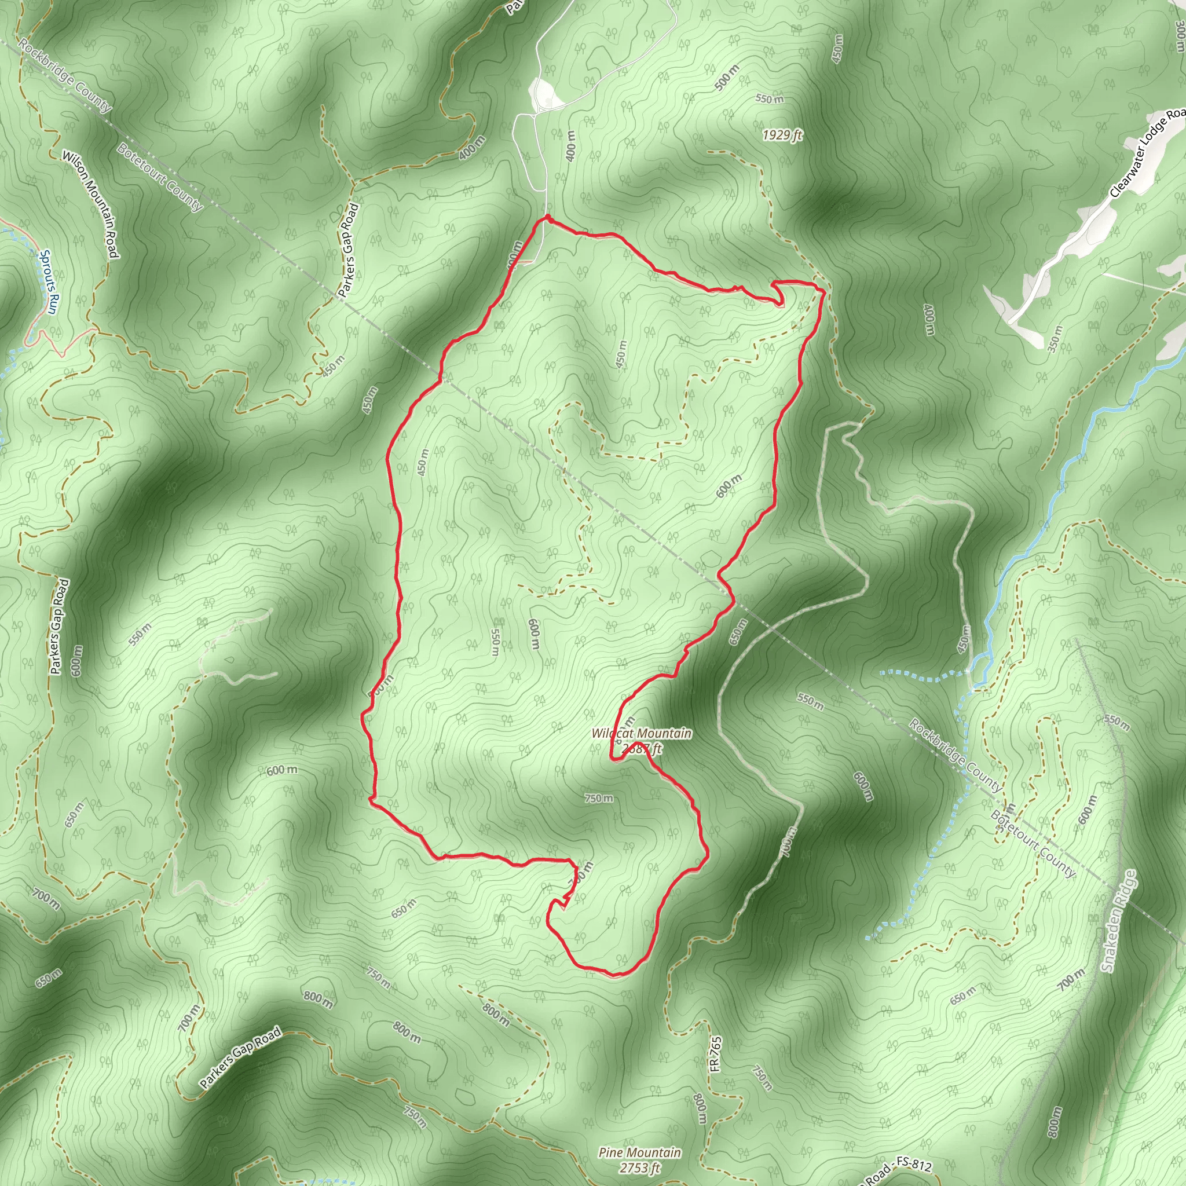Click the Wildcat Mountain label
pyautogui.click(x=642, y=734)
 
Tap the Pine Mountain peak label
pyautogui.click(x=640, y=1153)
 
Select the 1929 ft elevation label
pyautogui.click(x=782, y=135)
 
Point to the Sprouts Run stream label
pyautogui.click(x=48, y=282)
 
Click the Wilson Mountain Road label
pyautogui.click(x=90, y=204)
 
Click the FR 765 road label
pyautogui.click(x=716, y=1054)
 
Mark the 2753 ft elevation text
pyautogui.click(x=640, y=1167)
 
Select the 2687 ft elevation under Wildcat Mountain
pyautogui.click(x=642, y=748)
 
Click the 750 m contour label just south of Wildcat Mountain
pyautogui.click(x=599, y=799)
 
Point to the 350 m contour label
pyautogui.click(x=1055, y=339)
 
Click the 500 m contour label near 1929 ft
pyautogui.click(x=727, y=78)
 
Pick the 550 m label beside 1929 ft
pyautogui.click(x=769, y=99)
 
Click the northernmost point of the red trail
pyautogui.click(x=546, y=216)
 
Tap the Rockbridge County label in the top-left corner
pyautogui.click(x=65, y=76)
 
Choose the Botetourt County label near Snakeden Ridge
pyautogui.click(x=1033, y=843)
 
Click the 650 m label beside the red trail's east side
pyautogui.click(x=738, y=632)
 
